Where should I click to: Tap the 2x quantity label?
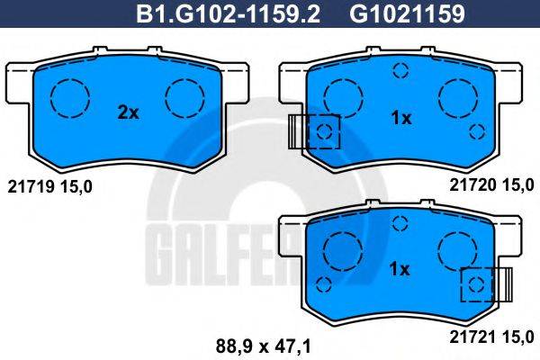pos(128,112)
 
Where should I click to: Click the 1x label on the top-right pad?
pos(400,118)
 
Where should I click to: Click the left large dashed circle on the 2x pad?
pos(68,94)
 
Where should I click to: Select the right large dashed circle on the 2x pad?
pos(185,94)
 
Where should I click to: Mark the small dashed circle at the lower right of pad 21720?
pos(478,132)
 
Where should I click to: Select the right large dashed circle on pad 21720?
pos(458,95)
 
